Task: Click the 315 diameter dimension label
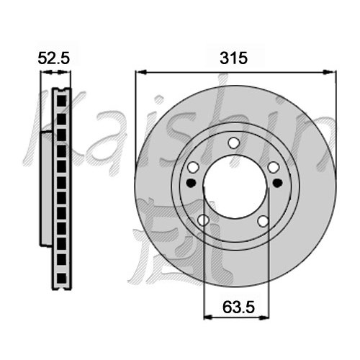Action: [x=233, y=58]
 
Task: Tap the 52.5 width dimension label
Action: [x=54, y=58]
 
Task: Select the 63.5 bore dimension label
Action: [x=238, y=307]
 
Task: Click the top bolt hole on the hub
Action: [x=233, y=143]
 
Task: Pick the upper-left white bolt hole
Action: [x=193, y=167]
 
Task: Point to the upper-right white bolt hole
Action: [x=274, y=167]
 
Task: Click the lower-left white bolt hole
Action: [x=203, y=220]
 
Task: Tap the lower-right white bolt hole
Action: [x=264, y=221]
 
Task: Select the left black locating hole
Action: [x=191, y=183]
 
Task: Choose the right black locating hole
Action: [x=277, y=183]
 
